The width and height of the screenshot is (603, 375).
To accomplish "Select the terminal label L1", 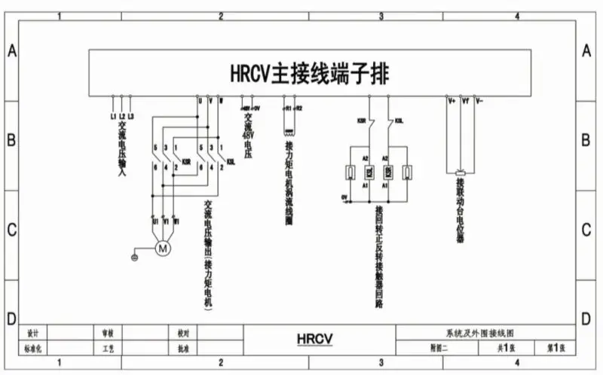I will pos(113,117).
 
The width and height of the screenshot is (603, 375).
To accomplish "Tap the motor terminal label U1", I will pos(154,222).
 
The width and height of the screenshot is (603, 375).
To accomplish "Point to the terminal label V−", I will pos(479,99).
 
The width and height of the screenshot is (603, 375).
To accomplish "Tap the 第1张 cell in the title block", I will pos(556,348).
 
